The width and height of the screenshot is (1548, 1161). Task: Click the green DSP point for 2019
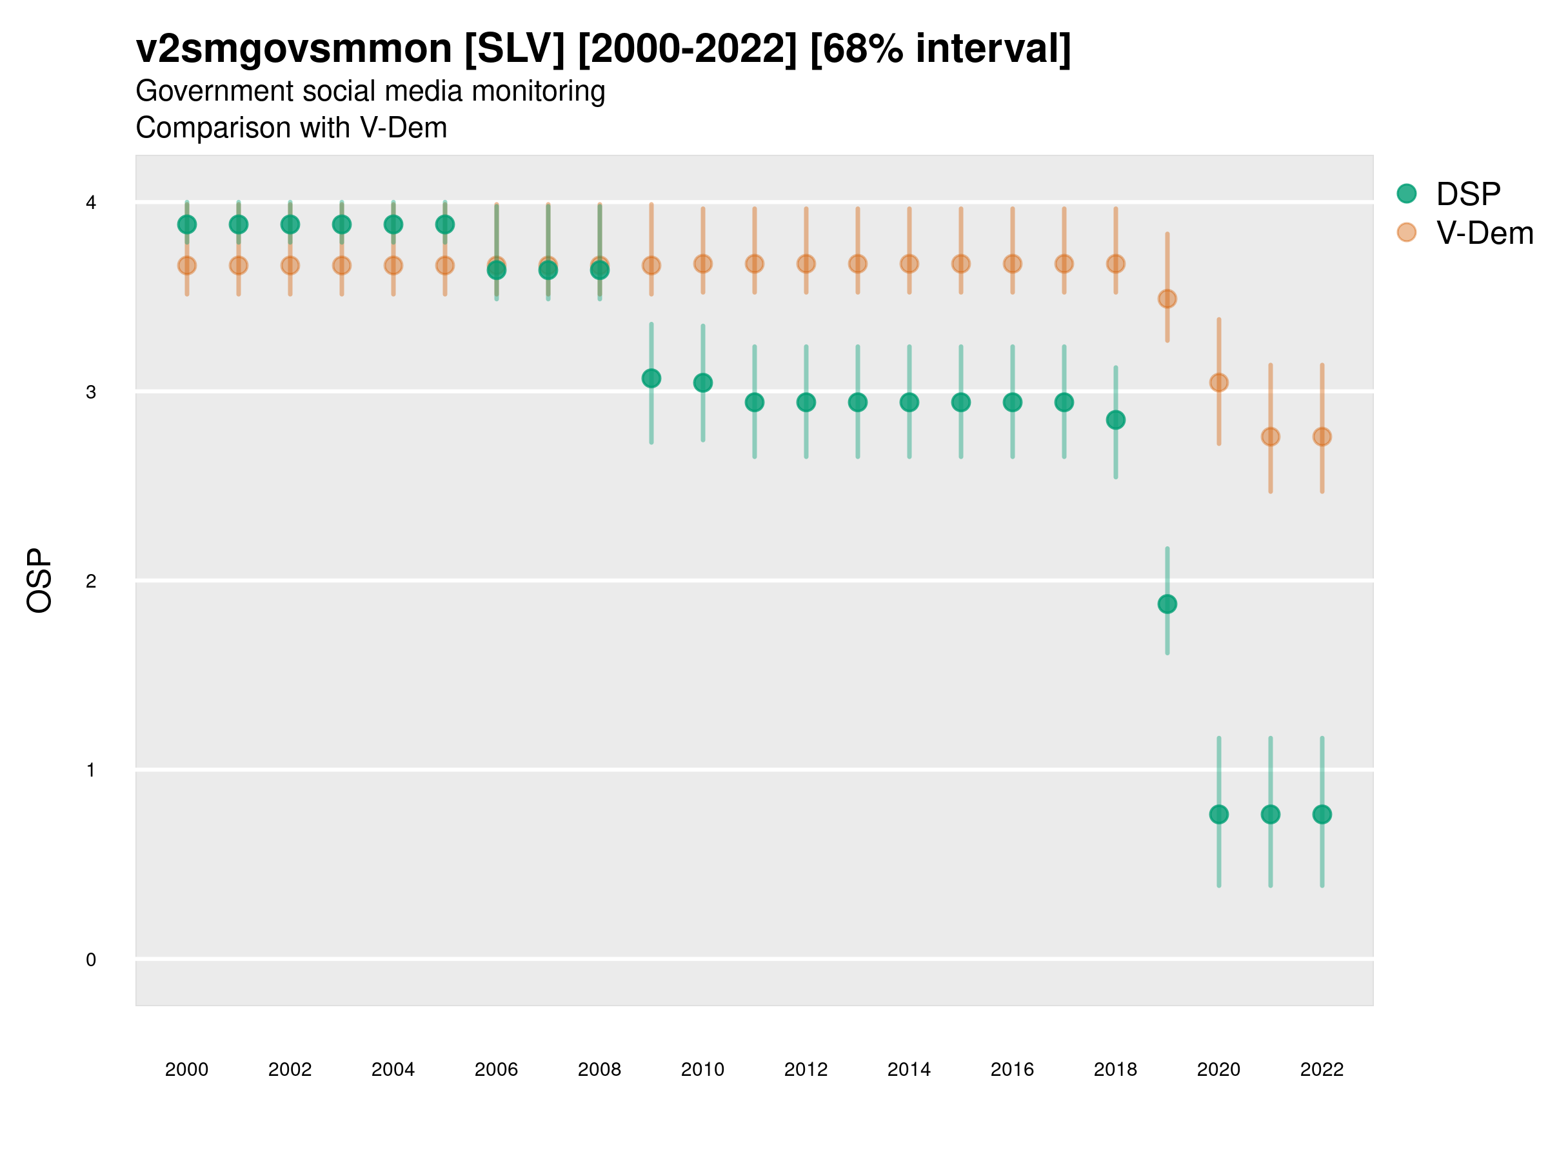[1167, 604]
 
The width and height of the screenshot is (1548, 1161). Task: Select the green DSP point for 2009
[651, 379]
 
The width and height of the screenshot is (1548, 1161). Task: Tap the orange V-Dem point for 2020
[1219, 382]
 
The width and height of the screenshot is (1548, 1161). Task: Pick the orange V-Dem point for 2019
[1167, 299]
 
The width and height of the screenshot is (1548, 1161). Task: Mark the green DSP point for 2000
[187, 224]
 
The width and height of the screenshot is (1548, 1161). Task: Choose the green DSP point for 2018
[1115, 420]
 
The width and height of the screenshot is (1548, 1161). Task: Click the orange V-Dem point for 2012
[806, 264]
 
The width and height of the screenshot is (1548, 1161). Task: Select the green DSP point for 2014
[909, 402]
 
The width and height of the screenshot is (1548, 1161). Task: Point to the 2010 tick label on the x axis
[702, 1069]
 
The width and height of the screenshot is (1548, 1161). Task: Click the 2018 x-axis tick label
[1115, 1069]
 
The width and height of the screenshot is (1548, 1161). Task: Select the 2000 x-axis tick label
[187, 1069]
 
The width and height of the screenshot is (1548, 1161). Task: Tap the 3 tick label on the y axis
[91, 392]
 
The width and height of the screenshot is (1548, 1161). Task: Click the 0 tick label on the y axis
[91, 960]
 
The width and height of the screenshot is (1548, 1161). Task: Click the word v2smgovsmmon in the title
[294, 49]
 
